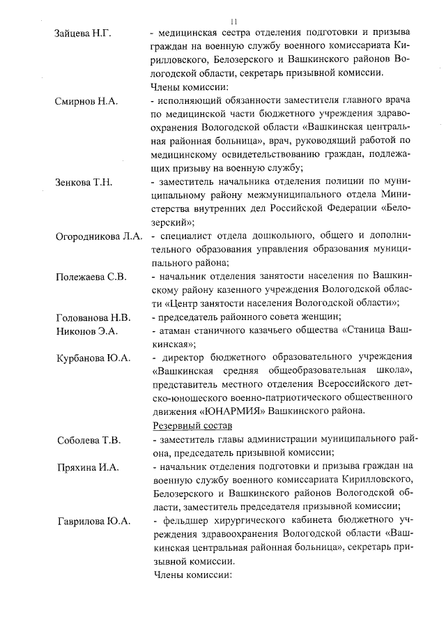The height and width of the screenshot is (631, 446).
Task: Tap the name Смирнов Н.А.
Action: click(x=86, y=101)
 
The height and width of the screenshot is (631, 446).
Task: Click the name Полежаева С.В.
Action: click(x=91, y=277)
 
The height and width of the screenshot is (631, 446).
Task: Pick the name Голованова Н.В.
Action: click(x=93, y=317)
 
